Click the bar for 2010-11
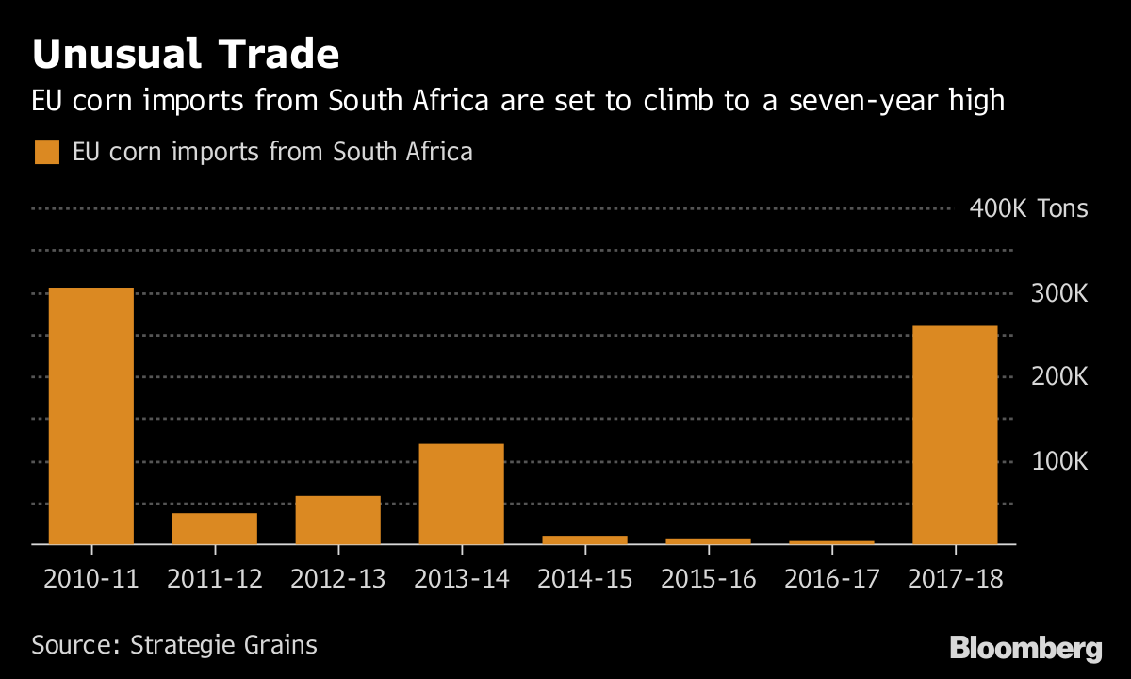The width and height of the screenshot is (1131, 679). click(90, 416)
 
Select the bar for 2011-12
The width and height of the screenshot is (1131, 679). click(214, 528)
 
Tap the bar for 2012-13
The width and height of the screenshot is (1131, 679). click(337, 520)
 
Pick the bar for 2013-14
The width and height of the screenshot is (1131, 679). click(461, 493)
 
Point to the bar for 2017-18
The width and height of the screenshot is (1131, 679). click(955, 435)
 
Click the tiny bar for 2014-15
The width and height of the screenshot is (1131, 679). click(584, 539)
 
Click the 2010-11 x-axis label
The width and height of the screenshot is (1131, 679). click(90, 578)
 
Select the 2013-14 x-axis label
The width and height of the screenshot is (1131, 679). click(461, 578)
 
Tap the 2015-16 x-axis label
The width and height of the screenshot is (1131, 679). click(708, 578)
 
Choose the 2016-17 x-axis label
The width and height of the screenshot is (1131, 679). click(831, 578)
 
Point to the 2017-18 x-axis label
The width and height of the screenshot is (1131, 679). click(955, 578)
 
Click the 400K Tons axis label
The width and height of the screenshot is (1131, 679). click(1028, 208)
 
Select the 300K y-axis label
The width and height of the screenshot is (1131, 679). click(1060, 293)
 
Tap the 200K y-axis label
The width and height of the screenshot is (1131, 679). click(1060, 377)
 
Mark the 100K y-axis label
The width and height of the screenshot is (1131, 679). click(1060, 461)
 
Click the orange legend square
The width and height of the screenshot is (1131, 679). click(46, 152)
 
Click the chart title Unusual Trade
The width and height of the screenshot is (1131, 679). click(185, 56)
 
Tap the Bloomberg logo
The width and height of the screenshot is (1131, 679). click(1025, 649)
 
